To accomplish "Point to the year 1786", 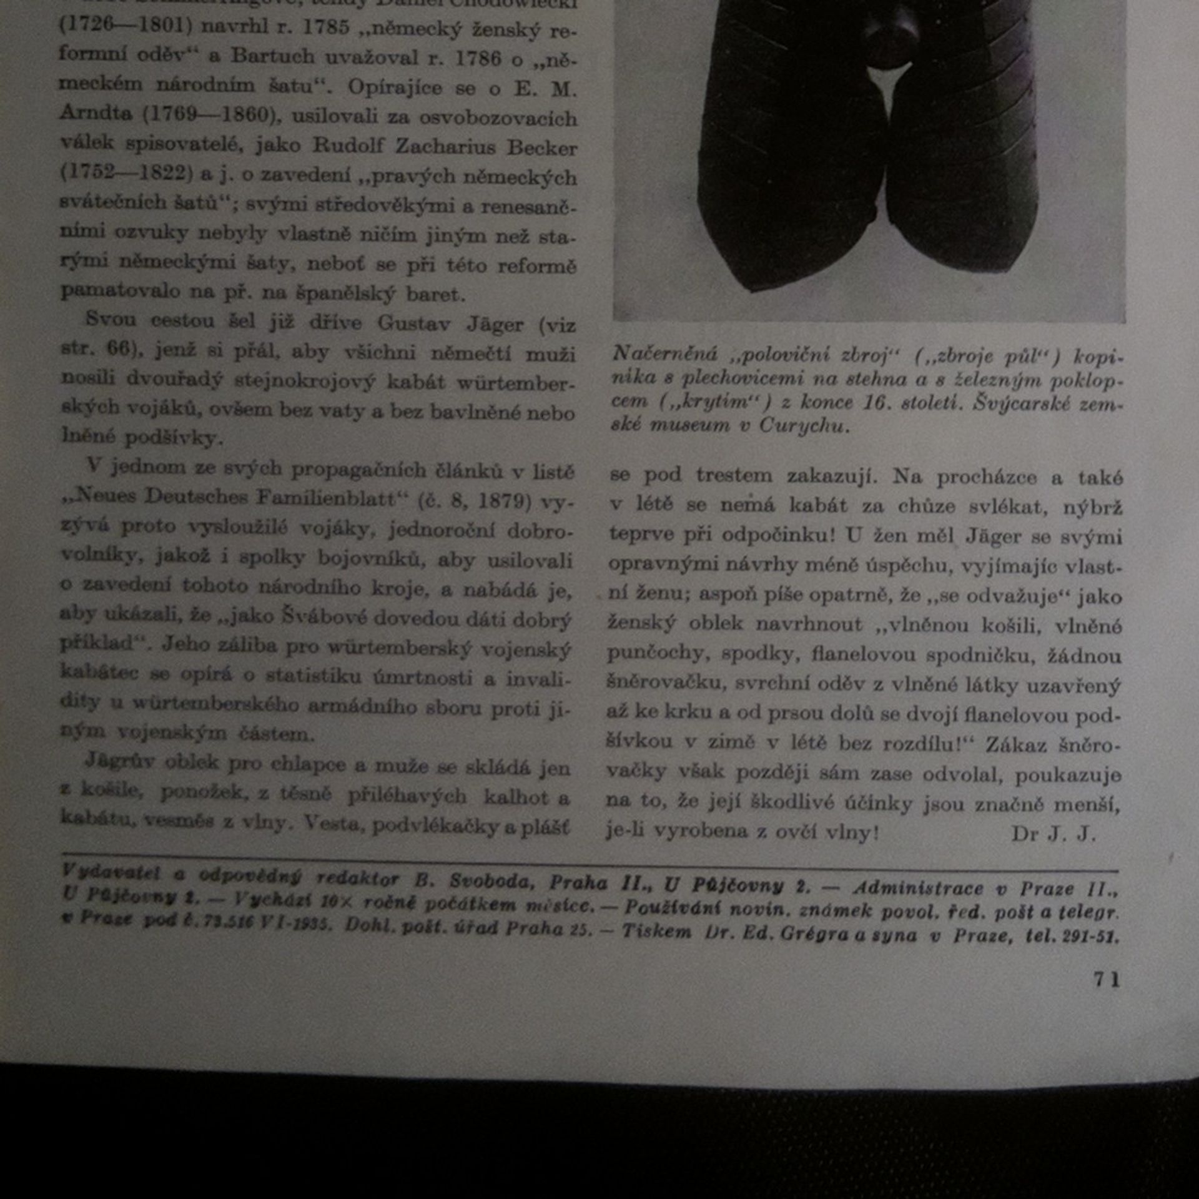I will coord(478,58).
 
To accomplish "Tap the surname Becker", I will coord(541,147).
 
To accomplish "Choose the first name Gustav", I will coord(413,323).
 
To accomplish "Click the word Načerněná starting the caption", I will coord(664,353).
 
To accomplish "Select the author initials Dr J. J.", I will coord(1053,834).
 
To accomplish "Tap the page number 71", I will coord(1107,979).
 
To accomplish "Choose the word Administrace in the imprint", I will coord(918,887).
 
